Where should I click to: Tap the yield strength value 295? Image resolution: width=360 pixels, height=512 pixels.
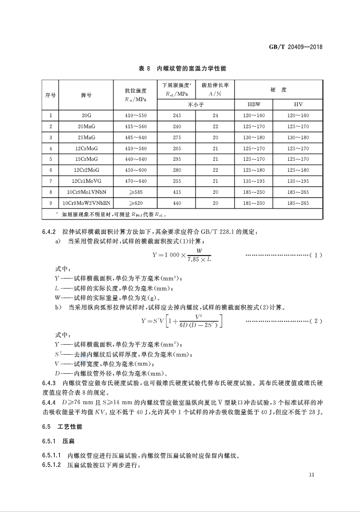tap(176, 159)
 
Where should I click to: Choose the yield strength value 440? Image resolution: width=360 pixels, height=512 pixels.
tap(176, 203)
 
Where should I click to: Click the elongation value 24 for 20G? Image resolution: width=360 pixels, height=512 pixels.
tap(216, 116)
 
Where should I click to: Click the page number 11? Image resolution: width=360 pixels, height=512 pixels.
tap(312, 475)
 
